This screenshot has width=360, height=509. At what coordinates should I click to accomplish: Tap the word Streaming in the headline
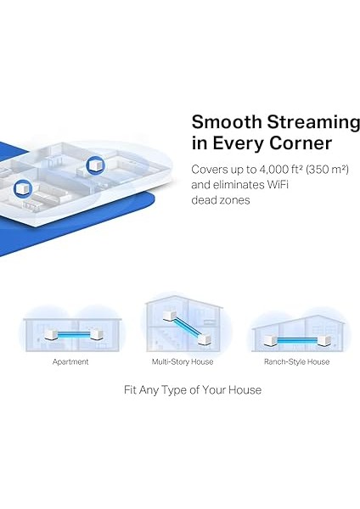(x=301, y=121)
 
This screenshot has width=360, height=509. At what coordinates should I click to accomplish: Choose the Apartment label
(x=70, y=361)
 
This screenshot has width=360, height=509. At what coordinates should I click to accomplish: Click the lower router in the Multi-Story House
(x=204, y=341)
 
